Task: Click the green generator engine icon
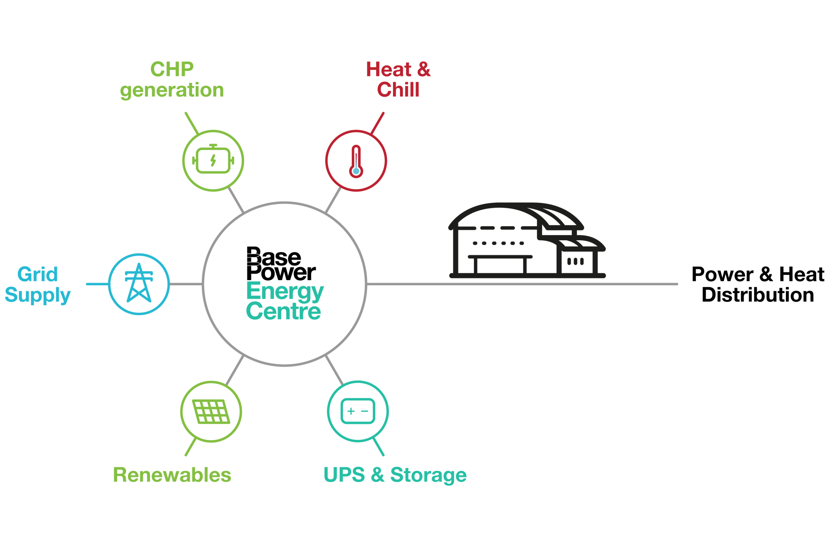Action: (213, 161)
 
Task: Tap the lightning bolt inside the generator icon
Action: (213, 160)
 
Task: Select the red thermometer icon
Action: (356, 161)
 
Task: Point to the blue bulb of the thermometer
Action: (356, 172)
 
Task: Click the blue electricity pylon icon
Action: (139, 283)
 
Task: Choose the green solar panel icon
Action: (211, 411)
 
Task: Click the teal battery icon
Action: (358, 411)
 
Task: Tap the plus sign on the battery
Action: (351, 411)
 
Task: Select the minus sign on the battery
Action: (365, 411)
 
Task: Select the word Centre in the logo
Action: (284, 311)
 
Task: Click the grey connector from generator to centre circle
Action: (234, 199)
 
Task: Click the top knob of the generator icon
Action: (213, 145)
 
